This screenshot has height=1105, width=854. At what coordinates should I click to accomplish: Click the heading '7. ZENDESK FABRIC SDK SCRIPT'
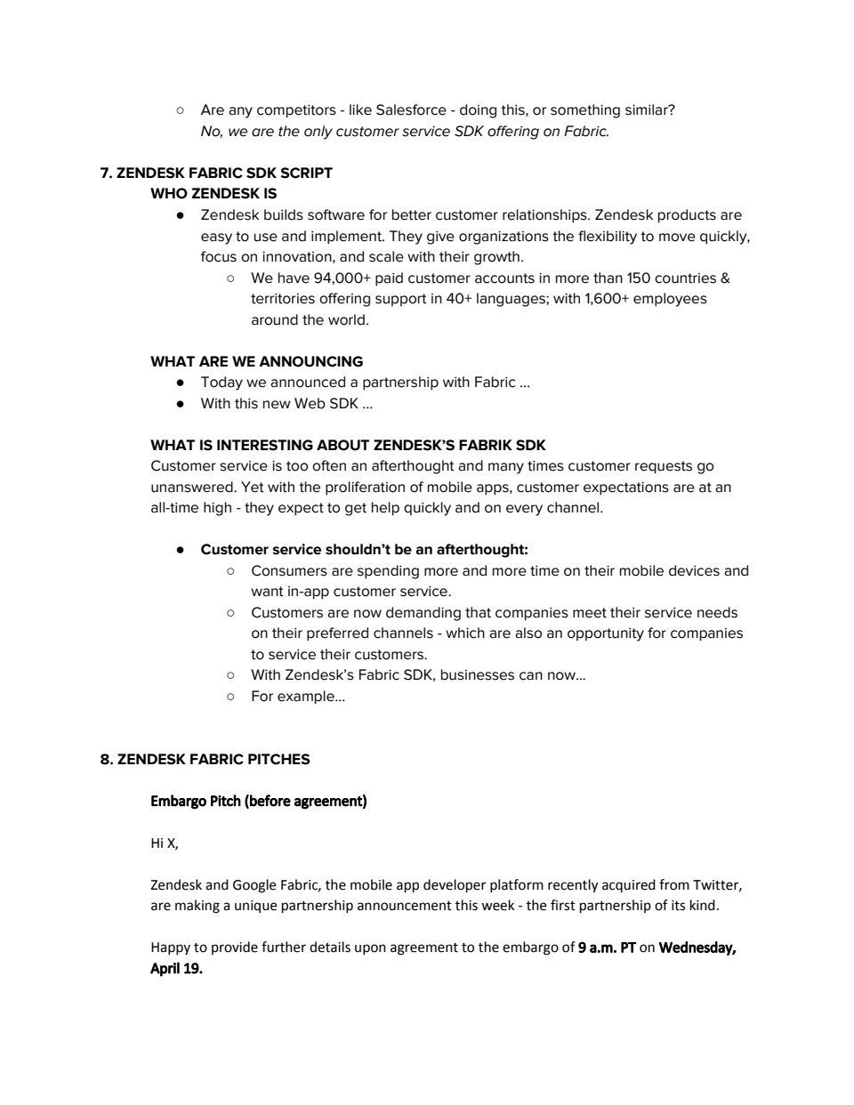tap(216, 173)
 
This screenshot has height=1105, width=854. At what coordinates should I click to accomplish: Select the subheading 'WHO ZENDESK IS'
tap(213, 193)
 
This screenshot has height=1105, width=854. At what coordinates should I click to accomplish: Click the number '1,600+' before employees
tap(607, 299)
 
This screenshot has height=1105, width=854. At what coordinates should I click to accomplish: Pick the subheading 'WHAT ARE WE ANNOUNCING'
tap(256, 361)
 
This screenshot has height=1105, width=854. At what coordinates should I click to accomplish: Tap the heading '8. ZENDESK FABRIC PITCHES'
tap(205, 759)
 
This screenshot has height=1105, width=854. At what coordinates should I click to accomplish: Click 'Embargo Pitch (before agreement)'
tap(258, 801)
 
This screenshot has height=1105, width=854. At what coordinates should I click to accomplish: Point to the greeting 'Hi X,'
tap(165, 843)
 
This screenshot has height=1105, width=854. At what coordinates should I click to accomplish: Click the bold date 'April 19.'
tap(176, 969)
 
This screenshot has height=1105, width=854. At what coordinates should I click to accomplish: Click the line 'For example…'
tap(297, 696)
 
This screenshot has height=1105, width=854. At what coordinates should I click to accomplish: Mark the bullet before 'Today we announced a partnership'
tap(181, 383)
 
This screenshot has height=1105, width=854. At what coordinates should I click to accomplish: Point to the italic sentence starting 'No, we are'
tap(405, 132)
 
